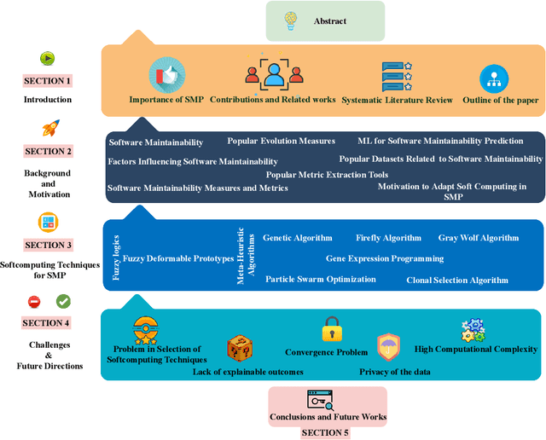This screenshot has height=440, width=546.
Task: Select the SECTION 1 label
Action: (48, 81)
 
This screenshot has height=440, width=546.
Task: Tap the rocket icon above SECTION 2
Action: (49, 129)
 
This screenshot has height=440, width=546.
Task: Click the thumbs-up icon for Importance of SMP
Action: (166, 74)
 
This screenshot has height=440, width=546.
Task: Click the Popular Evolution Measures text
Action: (281, 141)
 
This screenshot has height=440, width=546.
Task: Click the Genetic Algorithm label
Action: (298, 238)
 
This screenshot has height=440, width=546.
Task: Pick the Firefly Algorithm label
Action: (388, 238)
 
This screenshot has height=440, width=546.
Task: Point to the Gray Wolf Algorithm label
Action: (478, 238)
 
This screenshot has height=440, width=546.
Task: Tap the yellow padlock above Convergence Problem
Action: (331, 329)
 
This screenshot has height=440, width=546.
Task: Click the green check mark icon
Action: (63, 301)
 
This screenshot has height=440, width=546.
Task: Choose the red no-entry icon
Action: (34, 301)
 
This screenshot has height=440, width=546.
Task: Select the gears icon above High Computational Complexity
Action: (473, 330)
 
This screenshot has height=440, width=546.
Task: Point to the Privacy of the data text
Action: (395, 372)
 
